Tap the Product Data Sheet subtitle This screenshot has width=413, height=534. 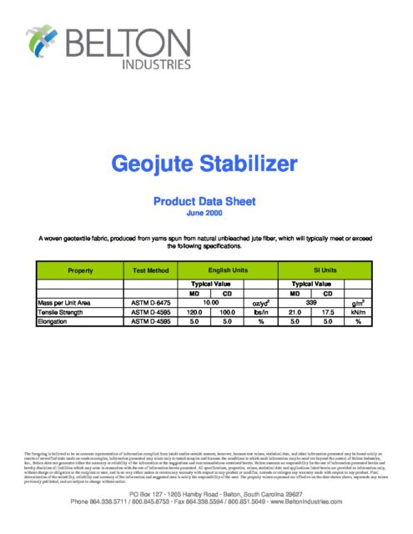click(206, 200)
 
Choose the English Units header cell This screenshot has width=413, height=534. click(228, 270)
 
